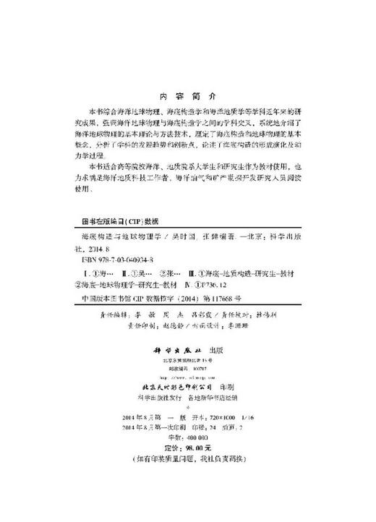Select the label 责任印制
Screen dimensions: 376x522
pos(129,325)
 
